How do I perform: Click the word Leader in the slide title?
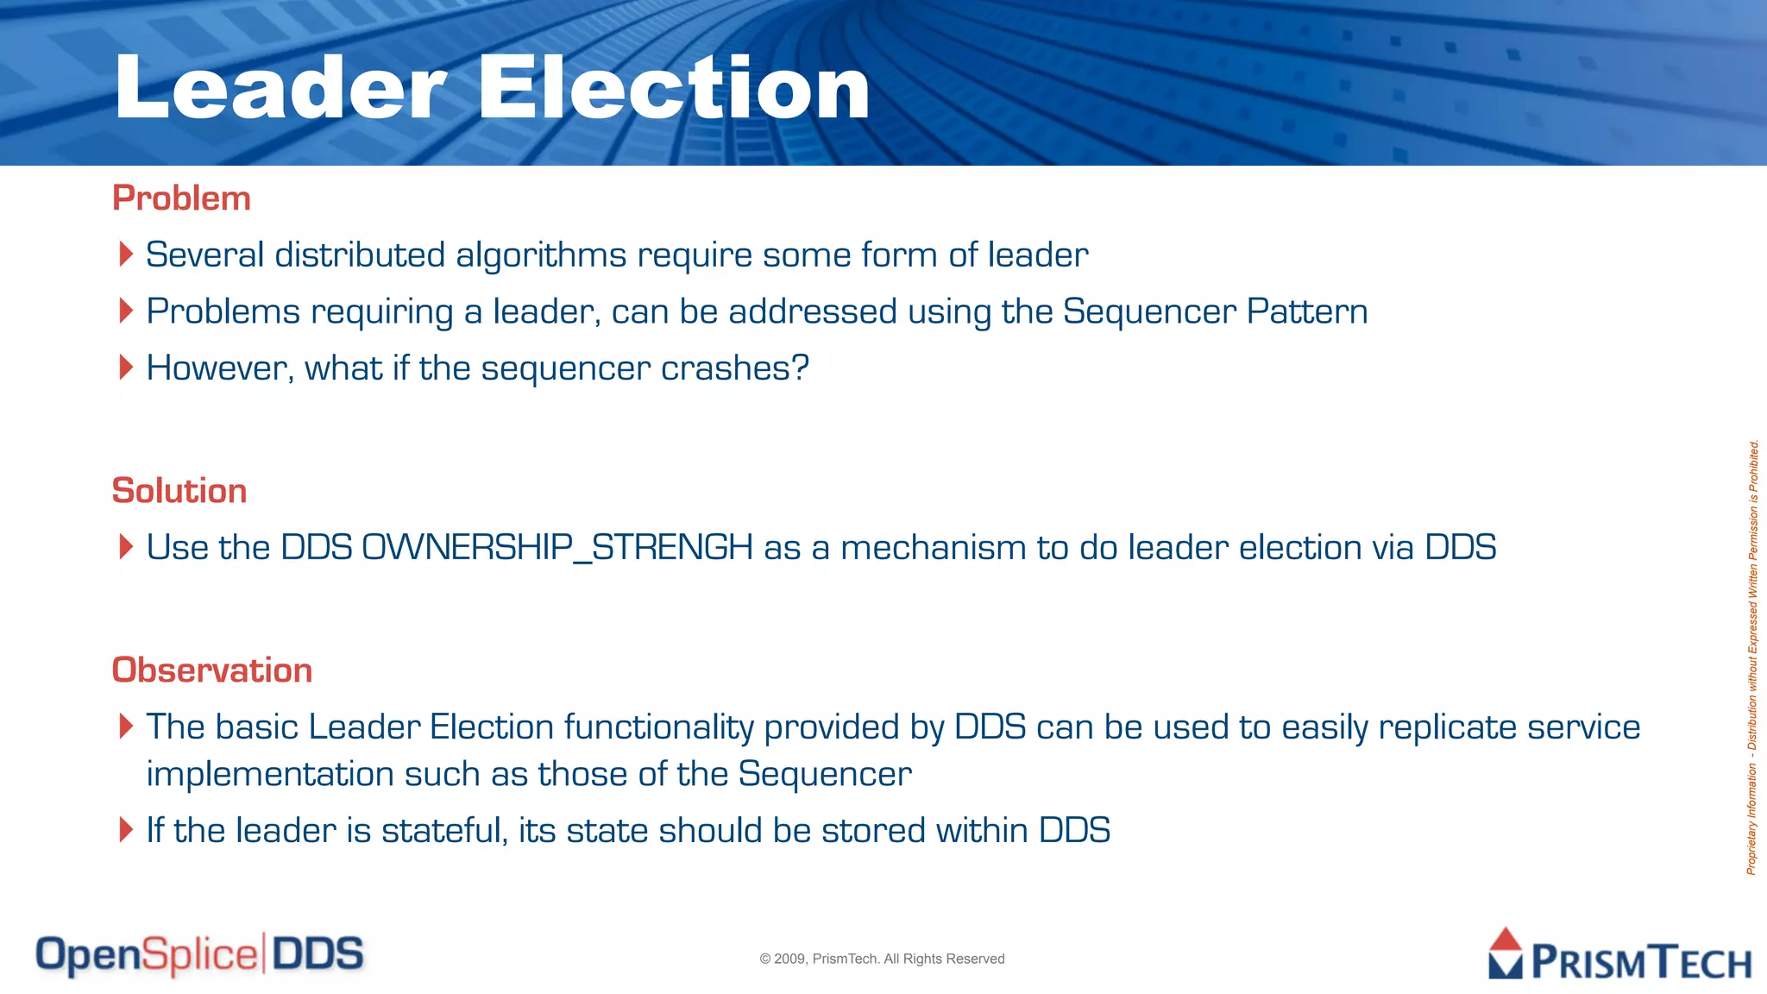tap(280, 88)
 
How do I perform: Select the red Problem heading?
tap(181, 198)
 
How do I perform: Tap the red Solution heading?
tap(179, 491)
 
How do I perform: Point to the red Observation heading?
tap(212, 670)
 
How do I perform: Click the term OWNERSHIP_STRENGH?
tap(557, 548)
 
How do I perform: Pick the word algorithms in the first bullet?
tap(541, 255)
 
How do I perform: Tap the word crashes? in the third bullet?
tap(735, 368)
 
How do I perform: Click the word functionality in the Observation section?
tap(659, 727)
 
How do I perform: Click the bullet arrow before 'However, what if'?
tap(126, 368)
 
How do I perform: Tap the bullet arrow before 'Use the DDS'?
tap(126, 547)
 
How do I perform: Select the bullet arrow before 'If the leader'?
tap(126, 830)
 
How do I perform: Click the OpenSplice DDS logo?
tap(199, 955)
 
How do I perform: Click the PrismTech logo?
tap(1619, 956)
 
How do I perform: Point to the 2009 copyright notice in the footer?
tap(882, 959)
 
